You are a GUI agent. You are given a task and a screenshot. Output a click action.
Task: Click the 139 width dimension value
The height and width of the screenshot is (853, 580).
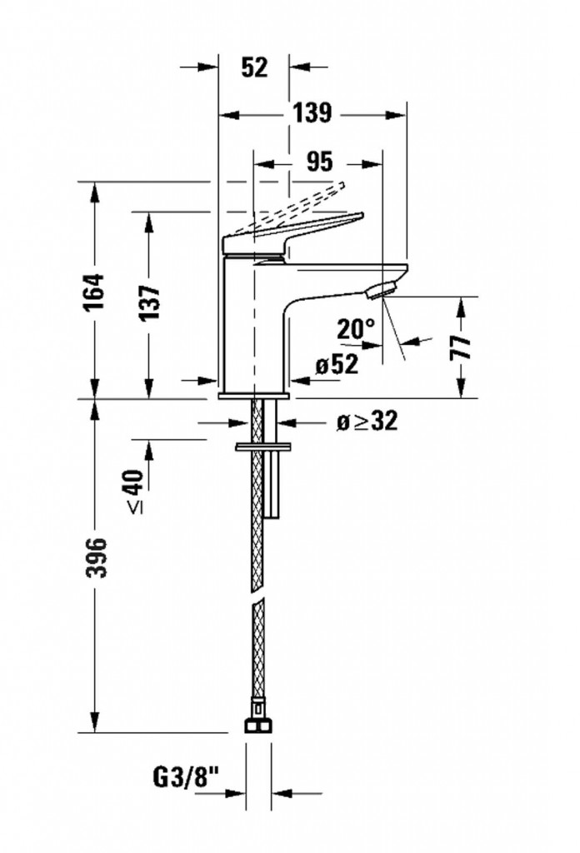[312, 114]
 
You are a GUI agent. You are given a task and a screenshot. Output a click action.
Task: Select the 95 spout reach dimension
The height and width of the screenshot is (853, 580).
[317, 161]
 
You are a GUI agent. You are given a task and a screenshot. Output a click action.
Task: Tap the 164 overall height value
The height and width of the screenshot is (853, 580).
[97, 291]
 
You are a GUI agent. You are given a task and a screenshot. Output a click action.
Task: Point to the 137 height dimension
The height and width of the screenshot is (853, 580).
[150, 297]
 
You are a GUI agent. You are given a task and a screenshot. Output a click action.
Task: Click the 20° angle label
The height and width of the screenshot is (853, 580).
[356, 329]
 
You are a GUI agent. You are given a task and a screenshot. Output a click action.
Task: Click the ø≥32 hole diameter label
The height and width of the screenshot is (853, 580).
[367, 422]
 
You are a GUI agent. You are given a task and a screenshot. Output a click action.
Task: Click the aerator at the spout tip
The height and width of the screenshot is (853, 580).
[381, 291]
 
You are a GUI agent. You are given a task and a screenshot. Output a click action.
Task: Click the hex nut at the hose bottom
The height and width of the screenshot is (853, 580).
[258, 726]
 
